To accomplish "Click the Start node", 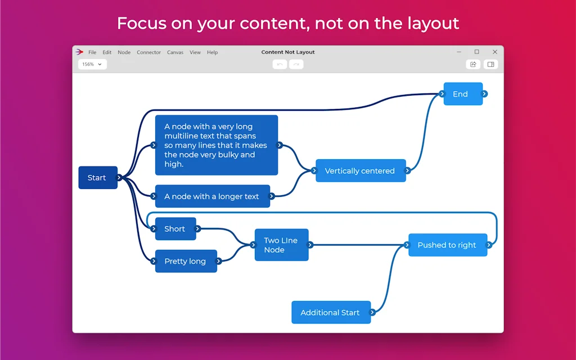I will (97, 178).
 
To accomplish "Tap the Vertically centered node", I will (360, 171).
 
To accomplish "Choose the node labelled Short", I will (175, 229).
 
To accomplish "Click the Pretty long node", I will (185, 262).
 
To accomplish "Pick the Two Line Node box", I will (281, 245).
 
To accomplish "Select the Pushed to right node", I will (447, 245).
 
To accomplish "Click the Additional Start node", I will (330, 313).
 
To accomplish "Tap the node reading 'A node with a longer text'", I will (211, 196).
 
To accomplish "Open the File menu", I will (92, 52).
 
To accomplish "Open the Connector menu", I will (149, 52).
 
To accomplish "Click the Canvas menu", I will (175, 52).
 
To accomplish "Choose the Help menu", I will (212, 52).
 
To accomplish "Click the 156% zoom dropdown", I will (92, 65).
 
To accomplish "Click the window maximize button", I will (477, 52).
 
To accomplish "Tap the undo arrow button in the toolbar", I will (280, 65).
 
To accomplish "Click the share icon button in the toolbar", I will (473, 65).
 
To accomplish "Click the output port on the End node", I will (484, 94).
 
